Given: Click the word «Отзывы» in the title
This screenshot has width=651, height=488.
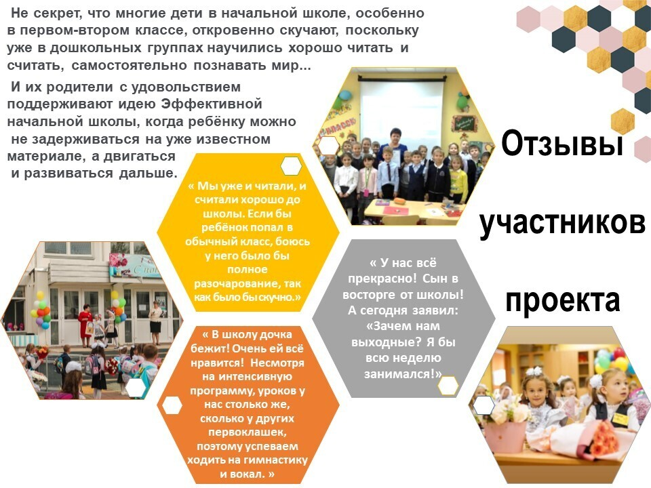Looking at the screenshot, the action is point(562,144).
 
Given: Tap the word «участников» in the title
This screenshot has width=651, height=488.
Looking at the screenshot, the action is point(563,222).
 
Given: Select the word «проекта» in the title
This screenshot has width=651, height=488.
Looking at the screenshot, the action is point(563,300).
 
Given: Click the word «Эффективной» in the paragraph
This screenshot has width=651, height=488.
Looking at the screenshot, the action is point(212,104).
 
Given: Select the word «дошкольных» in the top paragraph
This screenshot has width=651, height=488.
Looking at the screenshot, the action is point(96,48).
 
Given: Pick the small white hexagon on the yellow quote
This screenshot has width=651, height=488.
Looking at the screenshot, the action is point(291,166).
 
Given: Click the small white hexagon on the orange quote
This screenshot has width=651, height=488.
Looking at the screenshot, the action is point(172,405).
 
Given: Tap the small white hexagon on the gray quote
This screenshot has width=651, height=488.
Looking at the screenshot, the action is point(448,386).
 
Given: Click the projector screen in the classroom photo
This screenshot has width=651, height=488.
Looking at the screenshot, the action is point(401,110).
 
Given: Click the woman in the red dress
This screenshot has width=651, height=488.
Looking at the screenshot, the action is point(85,325).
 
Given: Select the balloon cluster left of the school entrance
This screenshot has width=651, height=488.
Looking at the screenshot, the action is point(42,310).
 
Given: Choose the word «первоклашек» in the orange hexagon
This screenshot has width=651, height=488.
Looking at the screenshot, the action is point(247,432).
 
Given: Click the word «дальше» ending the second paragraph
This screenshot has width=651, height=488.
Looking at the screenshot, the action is point(149,173).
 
